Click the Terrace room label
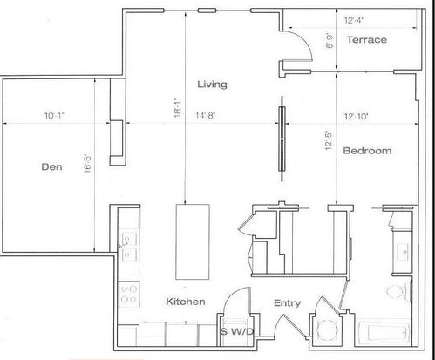coord(367,39)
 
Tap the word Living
coord(212,85)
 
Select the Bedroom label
coord(367,151)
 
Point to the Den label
coord(51,166)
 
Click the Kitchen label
coord(186,302)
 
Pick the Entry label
coord(287,303)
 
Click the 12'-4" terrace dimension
coord(354,20)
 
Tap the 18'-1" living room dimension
coord(178,107)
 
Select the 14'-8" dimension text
coord(205,116)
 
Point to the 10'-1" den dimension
coord(54,116)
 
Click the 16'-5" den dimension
coord(87,164)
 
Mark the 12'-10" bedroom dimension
coord(357,117)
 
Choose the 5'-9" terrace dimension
coord(330,41)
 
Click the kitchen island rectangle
coord(193,241)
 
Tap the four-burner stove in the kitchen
coord(129,294)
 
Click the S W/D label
coord(237,331)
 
